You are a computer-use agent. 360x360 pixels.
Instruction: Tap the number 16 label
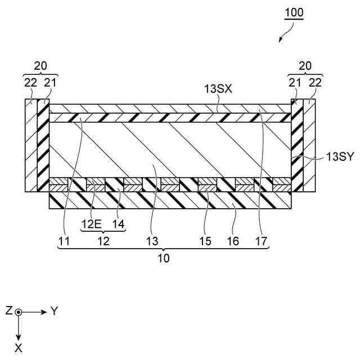pyautogui.click(x=233, y=241)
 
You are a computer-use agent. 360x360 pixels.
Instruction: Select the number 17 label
pyautogui.click(x=261, y=241)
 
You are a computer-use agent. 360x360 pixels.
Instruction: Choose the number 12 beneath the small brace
pyautogui.click(x=103, y=241)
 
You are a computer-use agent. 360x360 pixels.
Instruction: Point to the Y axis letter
pyautogui.click(x=55, y=311)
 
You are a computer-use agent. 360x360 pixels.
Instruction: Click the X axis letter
pyautogui.click(x=19, y=348)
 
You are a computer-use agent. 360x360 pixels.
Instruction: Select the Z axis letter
pyautogui.click(x=8, y=311)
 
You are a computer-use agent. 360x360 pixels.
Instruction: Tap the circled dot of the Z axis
pyautogui.click(x=19, y=312)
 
